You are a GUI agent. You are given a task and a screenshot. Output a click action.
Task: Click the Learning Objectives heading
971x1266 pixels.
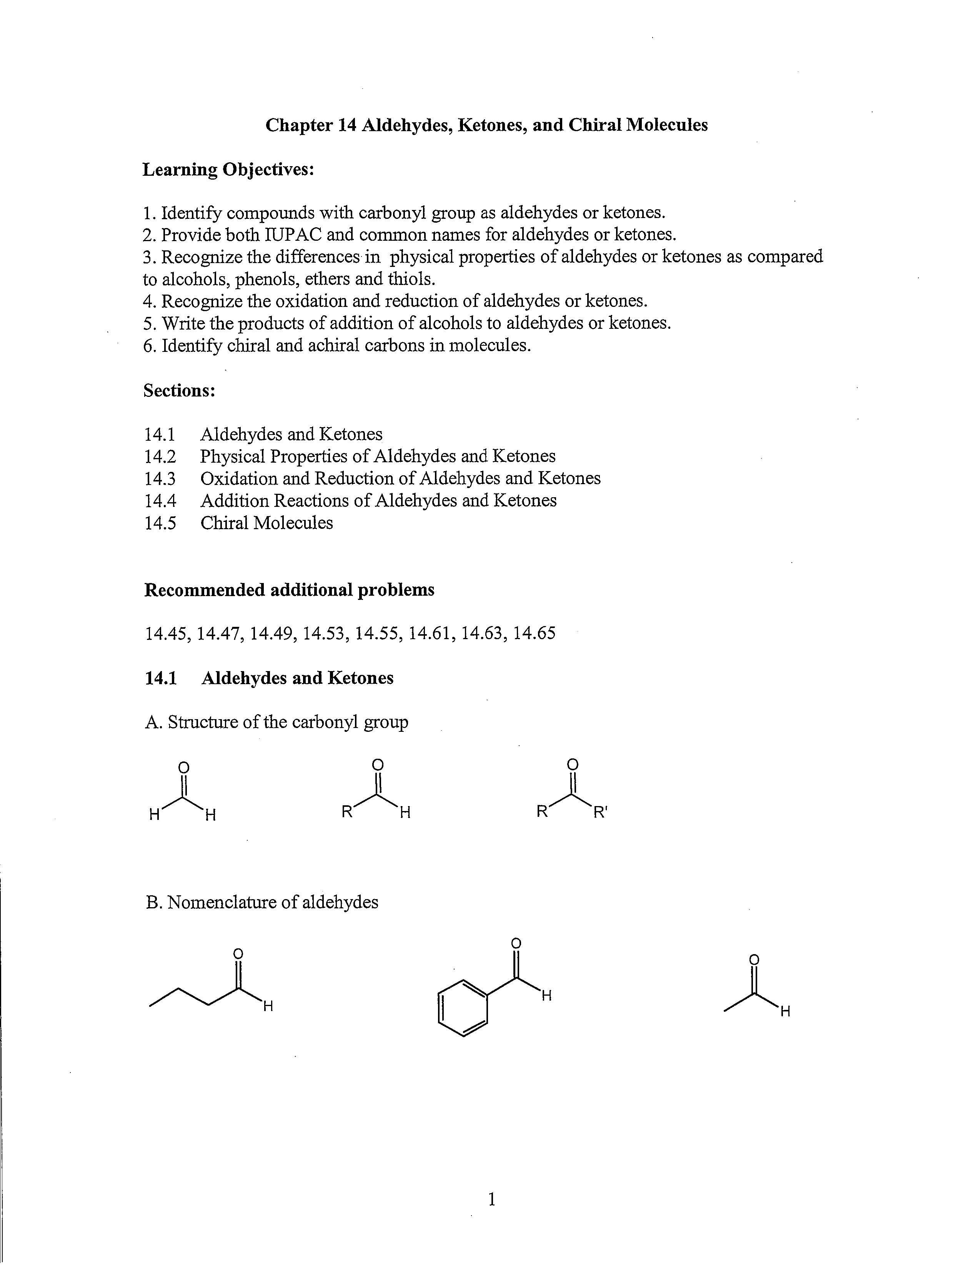tap(228, 170)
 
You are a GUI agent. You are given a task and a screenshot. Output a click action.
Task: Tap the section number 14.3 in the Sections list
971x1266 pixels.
tap(160, 479)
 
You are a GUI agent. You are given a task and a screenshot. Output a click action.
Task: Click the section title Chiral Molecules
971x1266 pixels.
tap(266, 523)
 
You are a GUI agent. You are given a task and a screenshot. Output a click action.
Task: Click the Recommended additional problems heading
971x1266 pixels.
tap(289, 590)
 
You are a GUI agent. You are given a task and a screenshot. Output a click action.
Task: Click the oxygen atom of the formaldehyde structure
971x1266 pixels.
tap(184, 768)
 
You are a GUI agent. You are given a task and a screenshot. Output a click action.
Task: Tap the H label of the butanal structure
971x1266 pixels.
tap(268, 1006)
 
